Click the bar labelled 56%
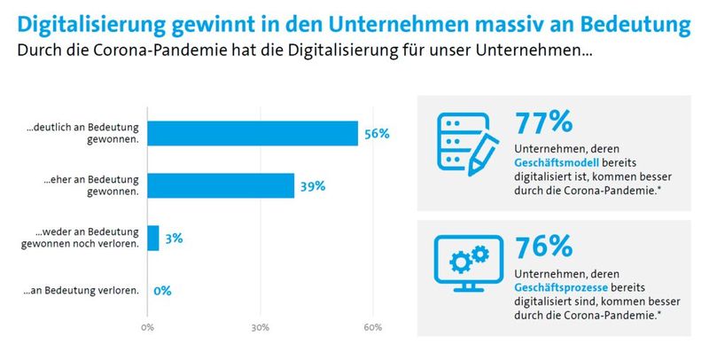coord(253,133)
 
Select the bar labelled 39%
coord(221,185)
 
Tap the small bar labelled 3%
coord(153,238)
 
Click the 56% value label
coord(377,134)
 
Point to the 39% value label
coord(313,186)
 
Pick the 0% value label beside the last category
coord(162,291)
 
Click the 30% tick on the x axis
coord(260,327)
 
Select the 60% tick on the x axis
coord(372,327)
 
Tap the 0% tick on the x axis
coord(147,327)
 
